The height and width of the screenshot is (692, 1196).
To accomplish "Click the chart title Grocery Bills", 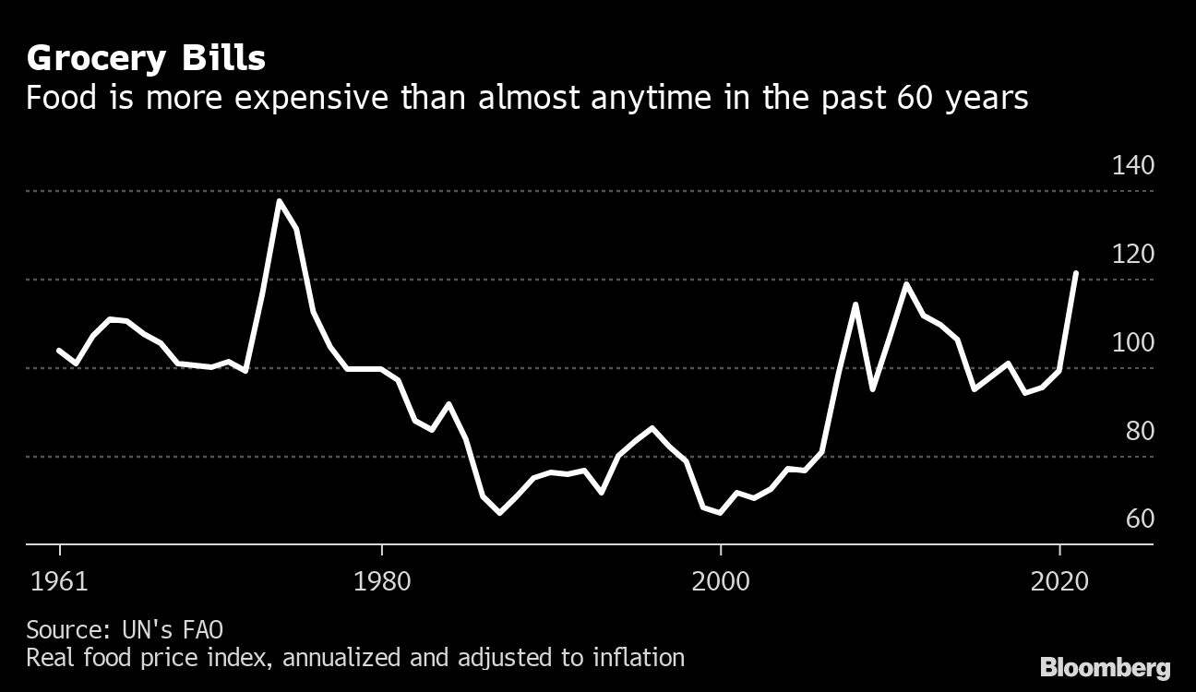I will [146, 59].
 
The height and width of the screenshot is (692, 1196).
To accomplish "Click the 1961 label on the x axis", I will [60, 583].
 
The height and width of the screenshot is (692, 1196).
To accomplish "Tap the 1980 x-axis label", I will [381, 583].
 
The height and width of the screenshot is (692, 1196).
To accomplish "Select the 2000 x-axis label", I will [720, 583].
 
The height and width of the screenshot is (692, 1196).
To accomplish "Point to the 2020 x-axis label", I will [1058, 583].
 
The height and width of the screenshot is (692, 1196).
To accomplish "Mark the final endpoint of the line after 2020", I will [1076, 273].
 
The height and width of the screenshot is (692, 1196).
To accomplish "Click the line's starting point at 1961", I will [59, 350].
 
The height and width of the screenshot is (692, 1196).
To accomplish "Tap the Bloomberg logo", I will [1105, 667].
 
